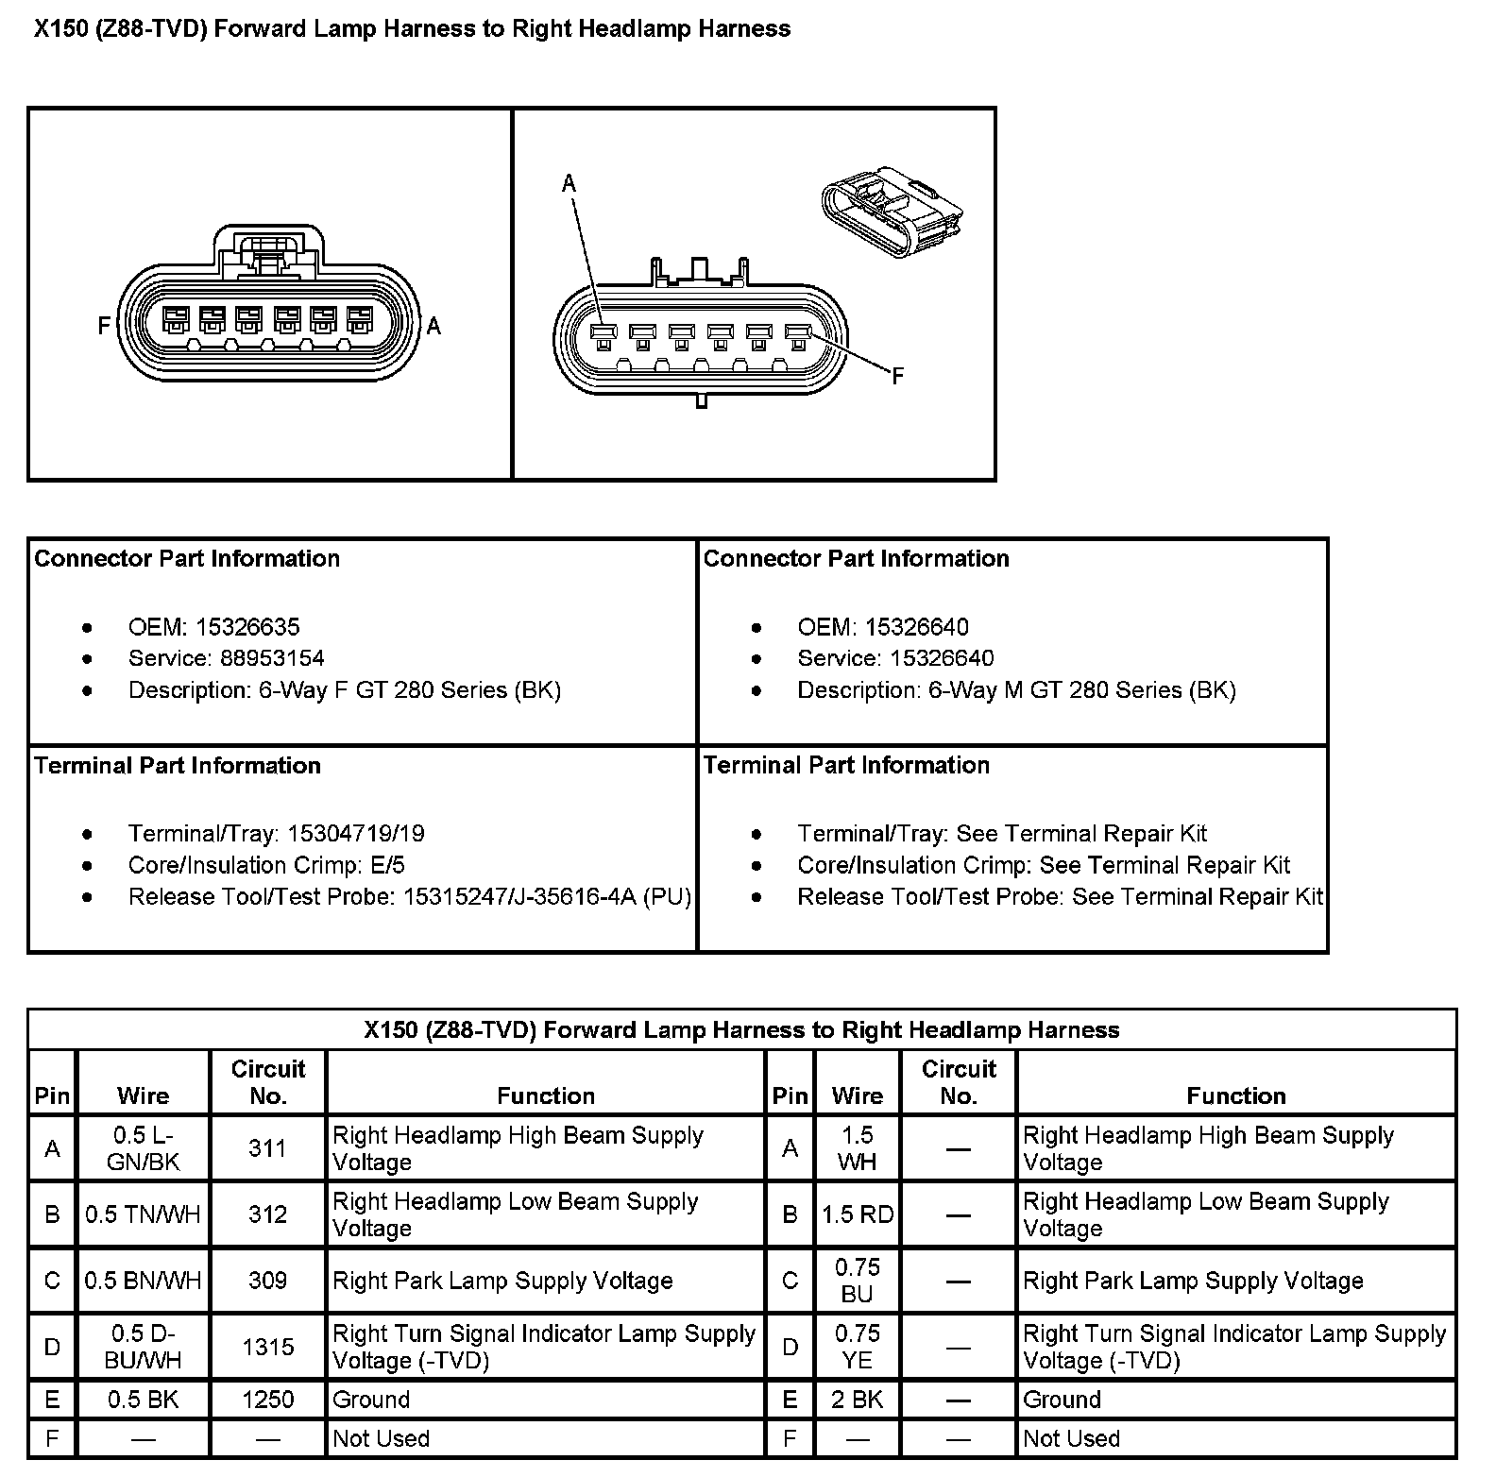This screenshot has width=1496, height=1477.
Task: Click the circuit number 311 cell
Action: pyautogui.click(x=267, y=1148)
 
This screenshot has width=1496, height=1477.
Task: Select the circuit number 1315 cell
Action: pyautogui.click(x=267, y=1347)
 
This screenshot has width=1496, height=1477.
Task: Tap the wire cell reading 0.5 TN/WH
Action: pyautogui.click(x=143, y=1214)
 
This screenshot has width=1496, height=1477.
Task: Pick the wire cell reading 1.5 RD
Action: pyautogui.click(x=857, y=1214)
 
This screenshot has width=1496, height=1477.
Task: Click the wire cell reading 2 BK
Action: pyautogui.click(x=857, y=1400)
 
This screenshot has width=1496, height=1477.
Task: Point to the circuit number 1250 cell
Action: pyautogui.click(x=267, y=1400)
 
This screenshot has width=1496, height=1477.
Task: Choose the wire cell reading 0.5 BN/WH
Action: pyautogui.click(x=143, y=1281)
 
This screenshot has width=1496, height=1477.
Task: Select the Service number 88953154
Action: pyautogui.click(x=272, y=658)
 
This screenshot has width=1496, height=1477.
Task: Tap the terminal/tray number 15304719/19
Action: pyautogui.click(x=356, y=834)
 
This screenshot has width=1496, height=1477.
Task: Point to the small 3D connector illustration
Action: pyautogui.click(x=892, y=213)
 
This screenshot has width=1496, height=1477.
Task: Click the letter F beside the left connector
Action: pyautogui.click(x=104, y=326)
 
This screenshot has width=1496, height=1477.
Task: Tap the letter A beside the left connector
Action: pyautogui.click(x=433, y=326)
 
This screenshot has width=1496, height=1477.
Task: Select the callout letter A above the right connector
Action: pyautogui.click(x=569, y=183)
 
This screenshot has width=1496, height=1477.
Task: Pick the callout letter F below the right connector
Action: pyautogui.click(x=897, y=377)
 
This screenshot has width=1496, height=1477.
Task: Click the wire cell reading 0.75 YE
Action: pyautogui.click(x=857, y=1347)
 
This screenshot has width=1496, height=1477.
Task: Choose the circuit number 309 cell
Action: pyautogui.click(x=267, y=1281)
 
